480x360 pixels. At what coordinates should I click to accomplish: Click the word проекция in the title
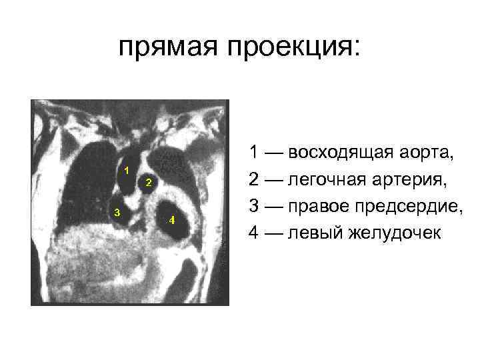[289, 48]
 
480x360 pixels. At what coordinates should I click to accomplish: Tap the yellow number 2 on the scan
[148, 182]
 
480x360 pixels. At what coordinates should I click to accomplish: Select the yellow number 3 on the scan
[117, 213]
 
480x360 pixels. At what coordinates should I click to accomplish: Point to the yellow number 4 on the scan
[171, 220]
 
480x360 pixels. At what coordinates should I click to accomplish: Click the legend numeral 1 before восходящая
[255, 153]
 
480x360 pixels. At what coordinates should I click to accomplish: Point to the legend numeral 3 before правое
[255, 207]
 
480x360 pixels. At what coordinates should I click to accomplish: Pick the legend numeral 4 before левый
[255, 233]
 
